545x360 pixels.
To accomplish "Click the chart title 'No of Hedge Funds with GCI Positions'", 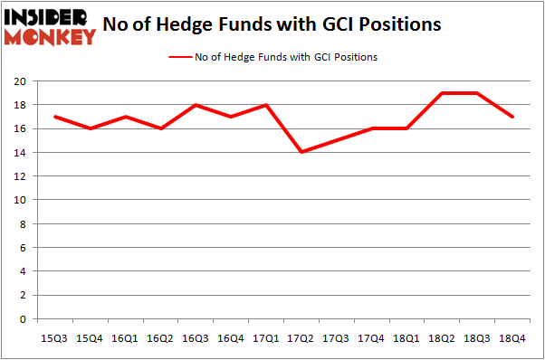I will pos(272,24).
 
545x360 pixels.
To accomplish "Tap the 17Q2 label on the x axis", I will pos(298,337).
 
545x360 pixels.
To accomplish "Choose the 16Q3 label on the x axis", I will pos(195,337).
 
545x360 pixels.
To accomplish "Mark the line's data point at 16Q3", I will pos(195,105).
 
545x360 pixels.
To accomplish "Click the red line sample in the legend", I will pos(179,57).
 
